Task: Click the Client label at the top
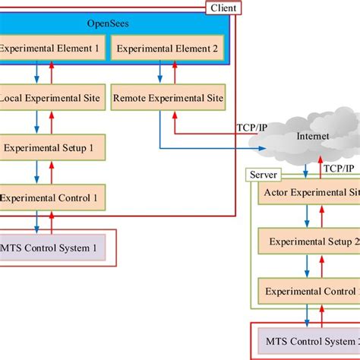[x=225, y=8]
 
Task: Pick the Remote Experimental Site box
[x=168, y=97]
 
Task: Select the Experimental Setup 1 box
[x=52, y=147]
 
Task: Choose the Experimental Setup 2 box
[x=310, y=242]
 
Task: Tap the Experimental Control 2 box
[x=310, y=291]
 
